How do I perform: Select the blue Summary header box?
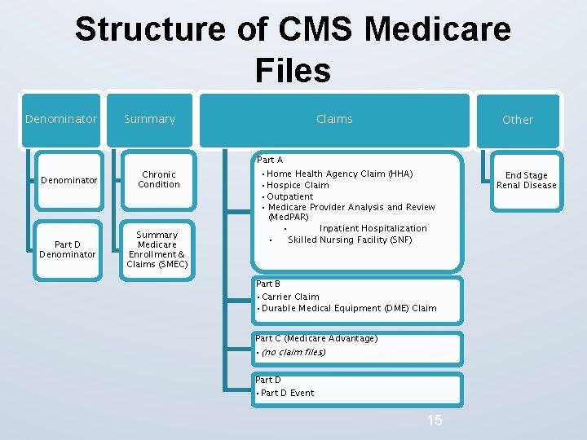(x=150, y=119)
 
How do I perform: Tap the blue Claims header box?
(x=334, y=119)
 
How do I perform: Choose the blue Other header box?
(x=518, y=120)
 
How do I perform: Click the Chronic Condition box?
(x=159, y=179)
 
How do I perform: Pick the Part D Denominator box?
(x=67, y=249)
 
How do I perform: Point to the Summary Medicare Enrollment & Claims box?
(x=157, y=249)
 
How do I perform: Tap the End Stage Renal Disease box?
(x=527, y=180)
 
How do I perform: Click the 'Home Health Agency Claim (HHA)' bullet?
(x=340, y=174)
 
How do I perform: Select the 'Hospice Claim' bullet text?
(x=298, y=185)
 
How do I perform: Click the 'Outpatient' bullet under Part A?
(x=290, y=196)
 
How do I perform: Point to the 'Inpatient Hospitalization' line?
(x=373, y=229)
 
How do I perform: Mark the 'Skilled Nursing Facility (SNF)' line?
(x=350, y=240)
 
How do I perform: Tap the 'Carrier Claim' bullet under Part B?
(x=291, y=297)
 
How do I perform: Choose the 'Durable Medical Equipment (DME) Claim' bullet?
(x=349, y=308)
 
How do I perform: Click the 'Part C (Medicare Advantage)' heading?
(x=316, y=338)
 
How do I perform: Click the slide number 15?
(x=435, y=420)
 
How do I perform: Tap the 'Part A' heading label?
(x=270, y=161)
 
